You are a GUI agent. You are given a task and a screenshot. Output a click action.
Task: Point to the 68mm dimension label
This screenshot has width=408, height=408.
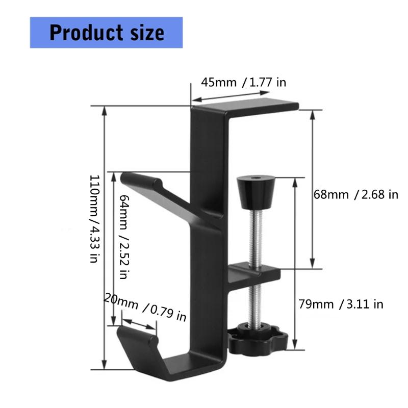tap(330, 194)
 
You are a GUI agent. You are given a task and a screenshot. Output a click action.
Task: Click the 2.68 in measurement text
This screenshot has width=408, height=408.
tap(378, 194)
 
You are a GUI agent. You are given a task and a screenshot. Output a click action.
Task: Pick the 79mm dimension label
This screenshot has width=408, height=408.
tap(316, 304)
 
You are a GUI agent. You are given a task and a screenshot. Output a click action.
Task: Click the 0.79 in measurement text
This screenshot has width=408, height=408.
tap(168, 312)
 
